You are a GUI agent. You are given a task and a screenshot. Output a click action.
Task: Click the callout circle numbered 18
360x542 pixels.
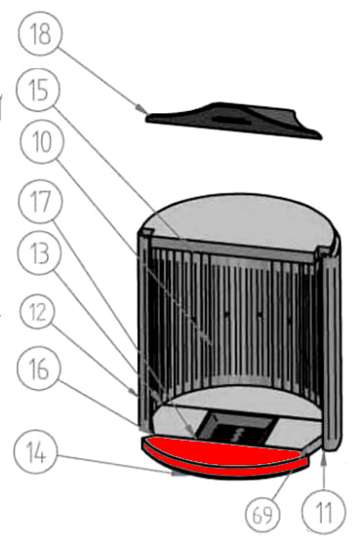point(41,34)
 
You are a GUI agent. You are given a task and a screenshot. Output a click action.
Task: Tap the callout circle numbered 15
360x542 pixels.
point(38,90)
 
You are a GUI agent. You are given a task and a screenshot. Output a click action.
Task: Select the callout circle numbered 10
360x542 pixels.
point(42,141)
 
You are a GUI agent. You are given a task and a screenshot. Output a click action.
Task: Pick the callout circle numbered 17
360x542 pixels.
point(40,201)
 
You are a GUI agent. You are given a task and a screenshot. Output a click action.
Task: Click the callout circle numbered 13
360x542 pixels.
point(39,252)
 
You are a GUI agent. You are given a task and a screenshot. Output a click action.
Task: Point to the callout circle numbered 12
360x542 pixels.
point(38,312)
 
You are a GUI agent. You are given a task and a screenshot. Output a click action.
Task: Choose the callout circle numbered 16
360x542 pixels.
point(39,368)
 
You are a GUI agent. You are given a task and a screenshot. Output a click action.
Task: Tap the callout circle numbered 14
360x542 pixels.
point(36,453)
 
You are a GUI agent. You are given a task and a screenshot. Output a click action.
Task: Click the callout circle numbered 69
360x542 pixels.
point(262,515)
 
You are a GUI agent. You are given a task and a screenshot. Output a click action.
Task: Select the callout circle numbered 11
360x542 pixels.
point(324,512)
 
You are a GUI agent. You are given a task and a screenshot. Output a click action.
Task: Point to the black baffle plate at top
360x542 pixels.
point(234,120)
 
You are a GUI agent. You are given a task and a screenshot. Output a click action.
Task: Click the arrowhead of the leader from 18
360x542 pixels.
point(141,109)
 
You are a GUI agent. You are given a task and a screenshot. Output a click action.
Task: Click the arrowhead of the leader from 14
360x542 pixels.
point(179,474)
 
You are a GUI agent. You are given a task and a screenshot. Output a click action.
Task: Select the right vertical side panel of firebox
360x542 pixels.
point(332,349)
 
